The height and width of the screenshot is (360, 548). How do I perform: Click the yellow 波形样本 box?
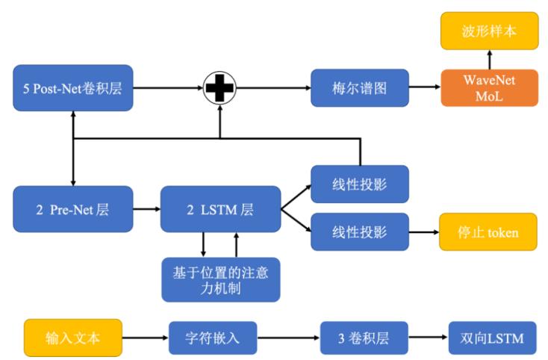489,31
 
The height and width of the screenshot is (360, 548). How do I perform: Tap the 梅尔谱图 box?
360,88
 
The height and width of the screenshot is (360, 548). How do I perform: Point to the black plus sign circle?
219,88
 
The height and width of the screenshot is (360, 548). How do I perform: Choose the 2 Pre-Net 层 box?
72,209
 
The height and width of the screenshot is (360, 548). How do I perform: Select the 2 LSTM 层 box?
220,209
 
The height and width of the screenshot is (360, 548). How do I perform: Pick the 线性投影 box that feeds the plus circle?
359,184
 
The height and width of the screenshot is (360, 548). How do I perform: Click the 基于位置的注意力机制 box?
220,279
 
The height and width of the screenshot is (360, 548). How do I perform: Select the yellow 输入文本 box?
72,338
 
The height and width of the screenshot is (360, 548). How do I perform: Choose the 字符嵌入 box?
213,338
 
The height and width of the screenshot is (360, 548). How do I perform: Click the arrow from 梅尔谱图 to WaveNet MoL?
424,88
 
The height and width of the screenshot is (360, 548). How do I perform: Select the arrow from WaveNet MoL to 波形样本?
489,60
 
